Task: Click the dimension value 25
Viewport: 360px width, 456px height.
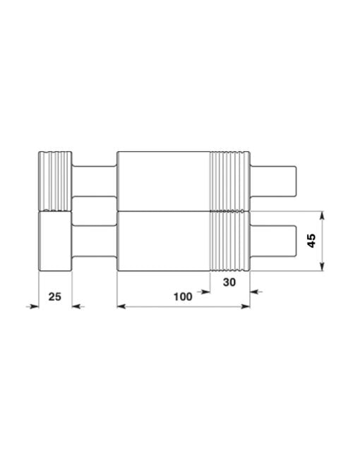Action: (x=55, y=296)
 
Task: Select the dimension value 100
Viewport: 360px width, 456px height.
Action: (x=183, y=296)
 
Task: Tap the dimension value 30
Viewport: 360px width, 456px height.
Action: (x=229, y=282)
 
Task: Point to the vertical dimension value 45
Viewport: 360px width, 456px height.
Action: (x=311, y=240)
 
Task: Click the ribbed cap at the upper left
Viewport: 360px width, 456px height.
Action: (x=55, y=181)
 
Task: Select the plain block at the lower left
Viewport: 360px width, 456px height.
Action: (x=55, y=242)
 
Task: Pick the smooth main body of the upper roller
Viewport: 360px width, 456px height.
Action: (x=164, y=181)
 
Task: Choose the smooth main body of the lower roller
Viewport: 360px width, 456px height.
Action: (x=164, y=242)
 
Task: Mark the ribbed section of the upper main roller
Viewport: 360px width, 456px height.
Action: (x=230, y=181)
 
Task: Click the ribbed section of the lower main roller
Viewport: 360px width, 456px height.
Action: (x=230, y=242)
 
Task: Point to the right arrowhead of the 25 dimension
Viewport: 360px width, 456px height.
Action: (x=77, y=306)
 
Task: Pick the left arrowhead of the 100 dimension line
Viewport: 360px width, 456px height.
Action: (x=121, y=306)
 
